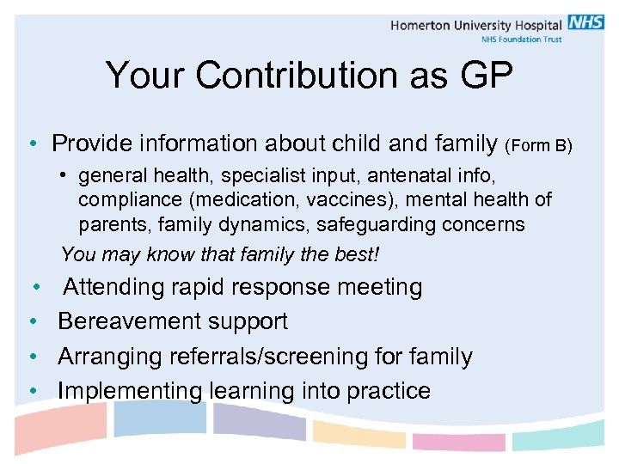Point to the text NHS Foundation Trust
[520, 40]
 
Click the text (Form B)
[538, 145]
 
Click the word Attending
[121, 287]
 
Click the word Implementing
[128, 390]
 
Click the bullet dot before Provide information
[30, 143]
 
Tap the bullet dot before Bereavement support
[31, 322]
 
